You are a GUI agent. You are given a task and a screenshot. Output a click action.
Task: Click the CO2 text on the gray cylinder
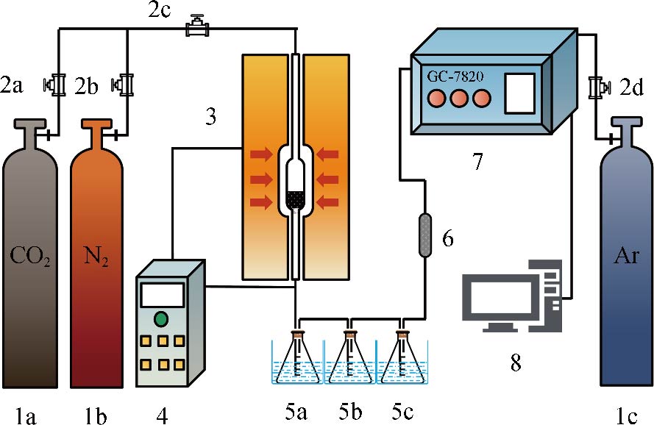point(30,258)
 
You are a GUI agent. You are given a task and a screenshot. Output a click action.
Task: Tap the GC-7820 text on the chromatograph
point(454,74)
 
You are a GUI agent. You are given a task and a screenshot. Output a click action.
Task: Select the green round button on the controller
point(161,319)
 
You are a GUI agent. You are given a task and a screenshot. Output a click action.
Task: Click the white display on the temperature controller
point(161,295)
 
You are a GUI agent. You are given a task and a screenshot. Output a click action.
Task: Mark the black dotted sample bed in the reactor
point(295,199)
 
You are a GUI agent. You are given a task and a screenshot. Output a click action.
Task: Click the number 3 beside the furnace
point(211,117)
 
